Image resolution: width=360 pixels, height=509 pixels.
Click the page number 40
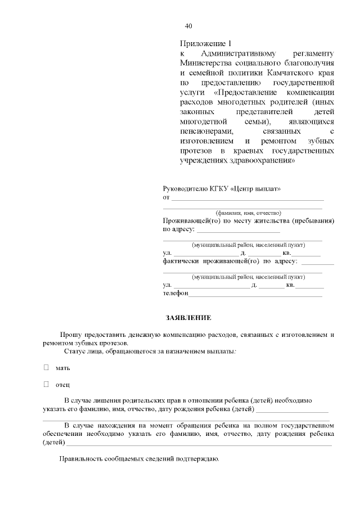coord(188,26)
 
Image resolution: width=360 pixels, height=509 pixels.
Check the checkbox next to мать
coord(47,367)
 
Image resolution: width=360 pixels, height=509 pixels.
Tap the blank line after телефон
coord(255,294)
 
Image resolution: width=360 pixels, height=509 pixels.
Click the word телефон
coord(175,294)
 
